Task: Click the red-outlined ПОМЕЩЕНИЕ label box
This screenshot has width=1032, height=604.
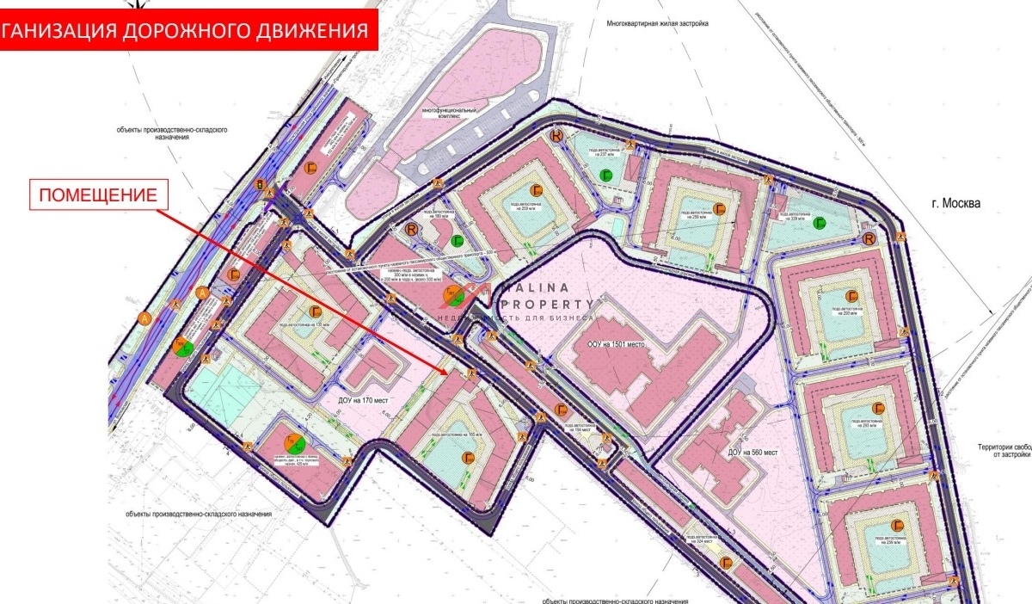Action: (x=97, y=195)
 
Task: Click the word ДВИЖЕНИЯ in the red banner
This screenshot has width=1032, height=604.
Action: (x=312, y=31)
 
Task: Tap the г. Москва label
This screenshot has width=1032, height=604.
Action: (x=955, y=203)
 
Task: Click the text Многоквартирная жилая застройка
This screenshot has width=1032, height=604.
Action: (x=656, y=24)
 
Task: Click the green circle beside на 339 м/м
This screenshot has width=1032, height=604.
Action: (x=820, y=224)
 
